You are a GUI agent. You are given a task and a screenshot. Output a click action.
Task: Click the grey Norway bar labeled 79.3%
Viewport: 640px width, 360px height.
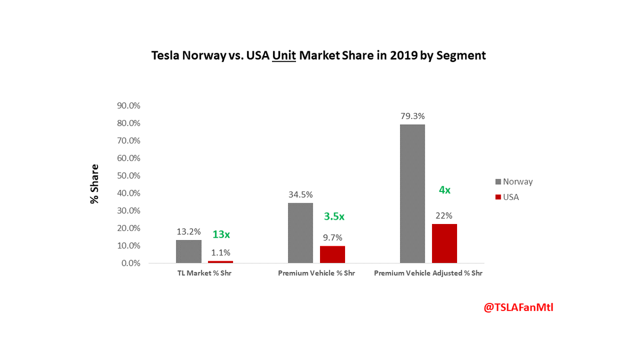point(412,194)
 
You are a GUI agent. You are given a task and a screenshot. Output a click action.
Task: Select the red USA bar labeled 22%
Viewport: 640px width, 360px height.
point(444,244)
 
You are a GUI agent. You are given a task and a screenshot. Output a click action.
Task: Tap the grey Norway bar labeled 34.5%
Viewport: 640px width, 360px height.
point(300,233)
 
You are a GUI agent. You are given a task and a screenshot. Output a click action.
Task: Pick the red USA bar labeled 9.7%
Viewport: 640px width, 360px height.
point(332,254)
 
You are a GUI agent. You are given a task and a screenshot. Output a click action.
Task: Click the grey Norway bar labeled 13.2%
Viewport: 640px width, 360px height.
point(188,251)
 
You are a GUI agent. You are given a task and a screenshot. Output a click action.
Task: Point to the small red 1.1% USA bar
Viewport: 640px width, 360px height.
point(220,262)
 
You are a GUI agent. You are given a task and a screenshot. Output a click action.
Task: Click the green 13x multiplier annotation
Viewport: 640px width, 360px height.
point(221,234)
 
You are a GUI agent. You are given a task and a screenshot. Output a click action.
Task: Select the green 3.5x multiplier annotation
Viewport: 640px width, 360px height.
point(334,217)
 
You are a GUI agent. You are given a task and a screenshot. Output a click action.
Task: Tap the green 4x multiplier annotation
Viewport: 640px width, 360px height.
point(445,189)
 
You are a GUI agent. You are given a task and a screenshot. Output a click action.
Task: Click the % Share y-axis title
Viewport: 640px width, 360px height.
point(94,184)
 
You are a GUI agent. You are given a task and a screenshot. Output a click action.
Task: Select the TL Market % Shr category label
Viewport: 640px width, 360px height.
point(204,273)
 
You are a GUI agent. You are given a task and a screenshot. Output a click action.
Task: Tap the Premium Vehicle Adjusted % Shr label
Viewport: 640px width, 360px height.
point(428,273)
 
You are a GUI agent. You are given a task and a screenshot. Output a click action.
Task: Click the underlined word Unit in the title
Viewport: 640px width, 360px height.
point(284,55)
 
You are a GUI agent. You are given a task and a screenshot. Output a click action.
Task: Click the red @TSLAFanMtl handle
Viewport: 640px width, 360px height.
point(518,308)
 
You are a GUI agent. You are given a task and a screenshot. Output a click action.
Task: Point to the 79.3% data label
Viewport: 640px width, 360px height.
point(412,116)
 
